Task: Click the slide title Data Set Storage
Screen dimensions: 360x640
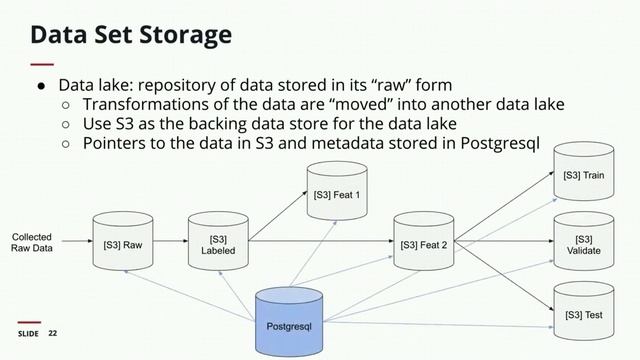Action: pyautogui.click(x=131, y=36)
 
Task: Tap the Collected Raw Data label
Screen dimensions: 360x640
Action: pyautogui.click(x=32, y=243)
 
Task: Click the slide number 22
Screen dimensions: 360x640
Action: pyautogui.click(x=54, y=333)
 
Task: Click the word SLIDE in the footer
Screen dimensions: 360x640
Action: pyautogui.click(x=28, y=333)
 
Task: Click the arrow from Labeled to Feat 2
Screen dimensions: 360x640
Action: pyautogui.click(x=320, y=241)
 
